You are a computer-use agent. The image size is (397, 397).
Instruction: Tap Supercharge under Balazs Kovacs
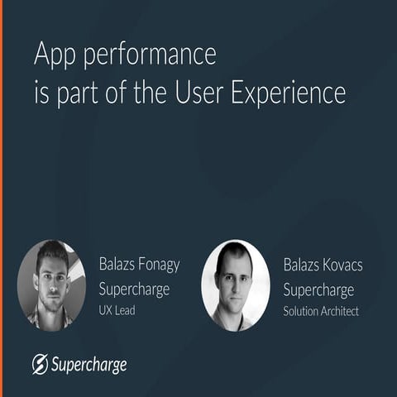318,289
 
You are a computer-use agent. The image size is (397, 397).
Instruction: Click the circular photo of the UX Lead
51,285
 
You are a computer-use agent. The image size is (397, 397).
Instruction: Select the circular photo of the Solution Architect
235,285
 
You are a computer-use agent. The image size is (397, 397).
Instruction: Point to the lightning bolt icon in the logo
39,364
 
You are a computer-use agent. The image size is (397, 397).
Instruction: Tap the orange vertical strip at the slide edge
2,198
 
